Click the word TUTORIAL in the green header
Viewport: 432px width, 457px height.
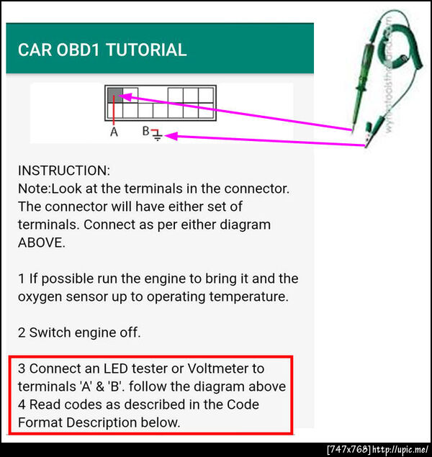(146, 50)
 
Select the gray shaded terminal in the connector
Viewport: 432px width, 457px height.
(115, 95)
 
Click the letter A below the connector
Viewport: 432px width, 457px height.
(114, 132)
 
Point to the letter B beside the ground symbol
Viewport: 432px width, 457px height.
(145, 131)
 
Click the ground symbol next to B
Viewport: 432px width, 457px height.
(157, 135)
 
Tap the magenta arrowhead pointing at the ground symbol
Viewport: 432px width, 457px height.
(171, 136)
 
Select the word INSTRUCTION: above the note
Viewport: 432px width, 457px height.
(64, 171)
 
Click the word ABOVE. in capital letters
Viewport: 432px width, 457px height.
(42, 243)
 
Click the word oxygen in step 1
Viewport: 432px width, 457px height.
(40, 297)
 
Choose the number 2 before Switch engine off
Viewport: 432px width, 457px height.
(22, 332)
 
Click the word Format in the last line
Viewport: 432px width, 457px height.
(40, 422)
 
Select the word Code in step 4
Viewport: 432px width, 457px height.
(243, 404)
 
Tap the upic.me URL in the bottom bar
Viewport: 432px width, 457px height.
(400, 449)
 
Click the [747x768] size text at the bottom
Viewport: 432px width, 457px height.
(349, 449)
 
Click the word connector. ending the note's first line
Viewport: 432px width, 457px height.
(257, 189)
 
